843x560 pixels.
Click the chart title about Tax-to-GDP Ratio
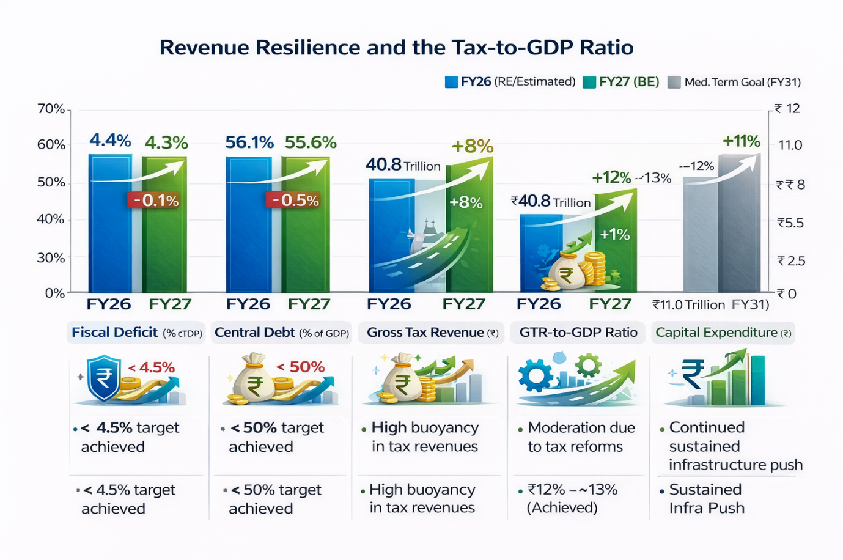click(x=396, y=48)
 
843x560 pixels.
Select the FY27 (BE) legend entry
click(x=622, y=82)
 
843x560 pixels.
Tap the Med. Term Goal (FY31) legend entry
click(x=735, y=82)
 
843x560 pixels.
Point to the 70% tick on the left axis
click(x=52, y=109)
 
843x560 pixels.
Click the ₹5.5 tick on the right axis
click(x=790, y=223)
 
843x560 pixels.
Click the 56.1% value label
click(x=249, y=142)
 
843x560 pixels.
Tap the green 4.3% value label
click(x=166, y=143)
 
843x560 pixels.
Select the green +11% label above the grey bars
click(x=741, y=141)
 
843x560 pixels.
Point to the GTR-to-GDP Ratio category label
click(x=578, y=333)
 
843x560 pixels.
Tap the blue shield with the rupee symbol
click(x=104, y=377)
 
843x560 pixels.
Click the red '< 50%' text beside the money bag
click(x=300, y=367)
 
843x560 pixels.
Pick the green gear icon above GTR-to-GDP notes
click(x=588, y=365)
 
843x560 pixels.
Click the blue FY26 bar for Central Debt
click(x=249, y=226)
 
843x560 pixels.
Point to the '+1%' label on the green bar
click(x=614, y=235)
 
